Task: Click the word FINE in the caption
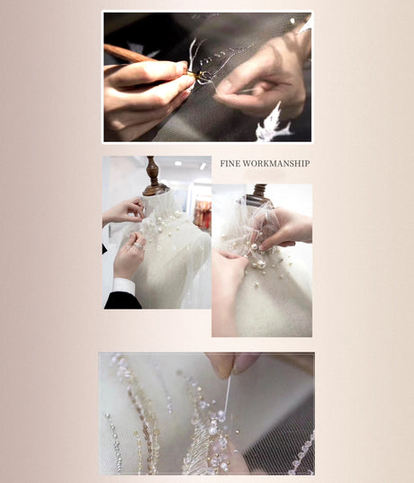pyautogui.click(x=230, y=164)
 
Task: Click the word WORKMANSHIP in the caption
pyautogui.click(x=277, y=164)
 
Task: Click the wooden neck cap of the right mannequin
pyautogui.click(x=259, y=193)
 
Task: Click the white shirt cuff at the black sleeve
pyautogui.click(x=124, y=287)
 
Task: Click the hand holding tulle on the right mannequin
pyautogui.click(x=286, y=229)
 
